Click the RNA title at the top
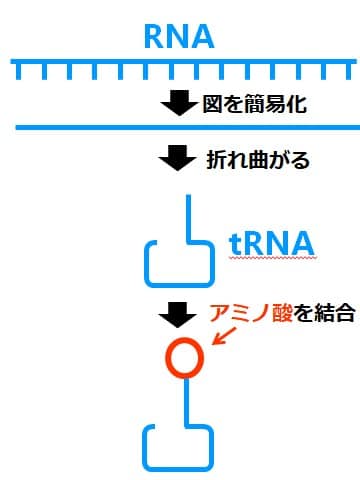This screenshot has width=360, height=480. (180, 37)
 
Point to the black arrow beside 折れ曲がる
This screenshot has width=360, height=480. (178, 158)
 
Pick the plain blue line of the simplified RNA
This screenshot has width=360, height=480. (180, 128)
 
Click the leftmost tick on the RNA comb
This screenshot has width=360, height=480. (18, 73)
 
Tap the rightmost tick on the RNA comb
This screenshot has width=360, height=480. (342, 73)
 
